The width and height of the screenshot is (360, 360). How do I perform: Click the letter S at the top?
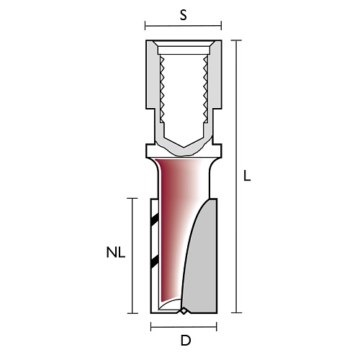[x=183, y=15]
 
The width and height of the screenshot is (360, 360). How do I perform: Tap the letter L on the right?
[x=247, y=176]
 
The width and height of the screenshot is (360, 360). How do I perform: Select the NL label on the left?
[x=116, y=253]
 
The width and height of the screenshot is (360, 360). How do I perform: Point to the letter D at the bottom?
[x=186, y=341]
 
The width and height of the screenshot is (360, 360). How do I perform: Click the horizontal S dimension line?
[x=183, y=26]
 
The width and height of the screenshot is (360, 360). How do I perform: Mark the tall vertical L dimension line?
[x=236, y=176]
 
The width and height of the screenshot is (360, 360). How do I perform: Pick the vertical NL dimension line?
[x=132, y=256]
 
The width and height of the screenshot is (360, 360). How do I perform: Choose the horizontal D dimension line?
[x=184, y=327]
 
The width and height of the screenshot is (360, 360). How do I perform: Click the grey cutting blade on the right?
[x=200, y=259]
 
